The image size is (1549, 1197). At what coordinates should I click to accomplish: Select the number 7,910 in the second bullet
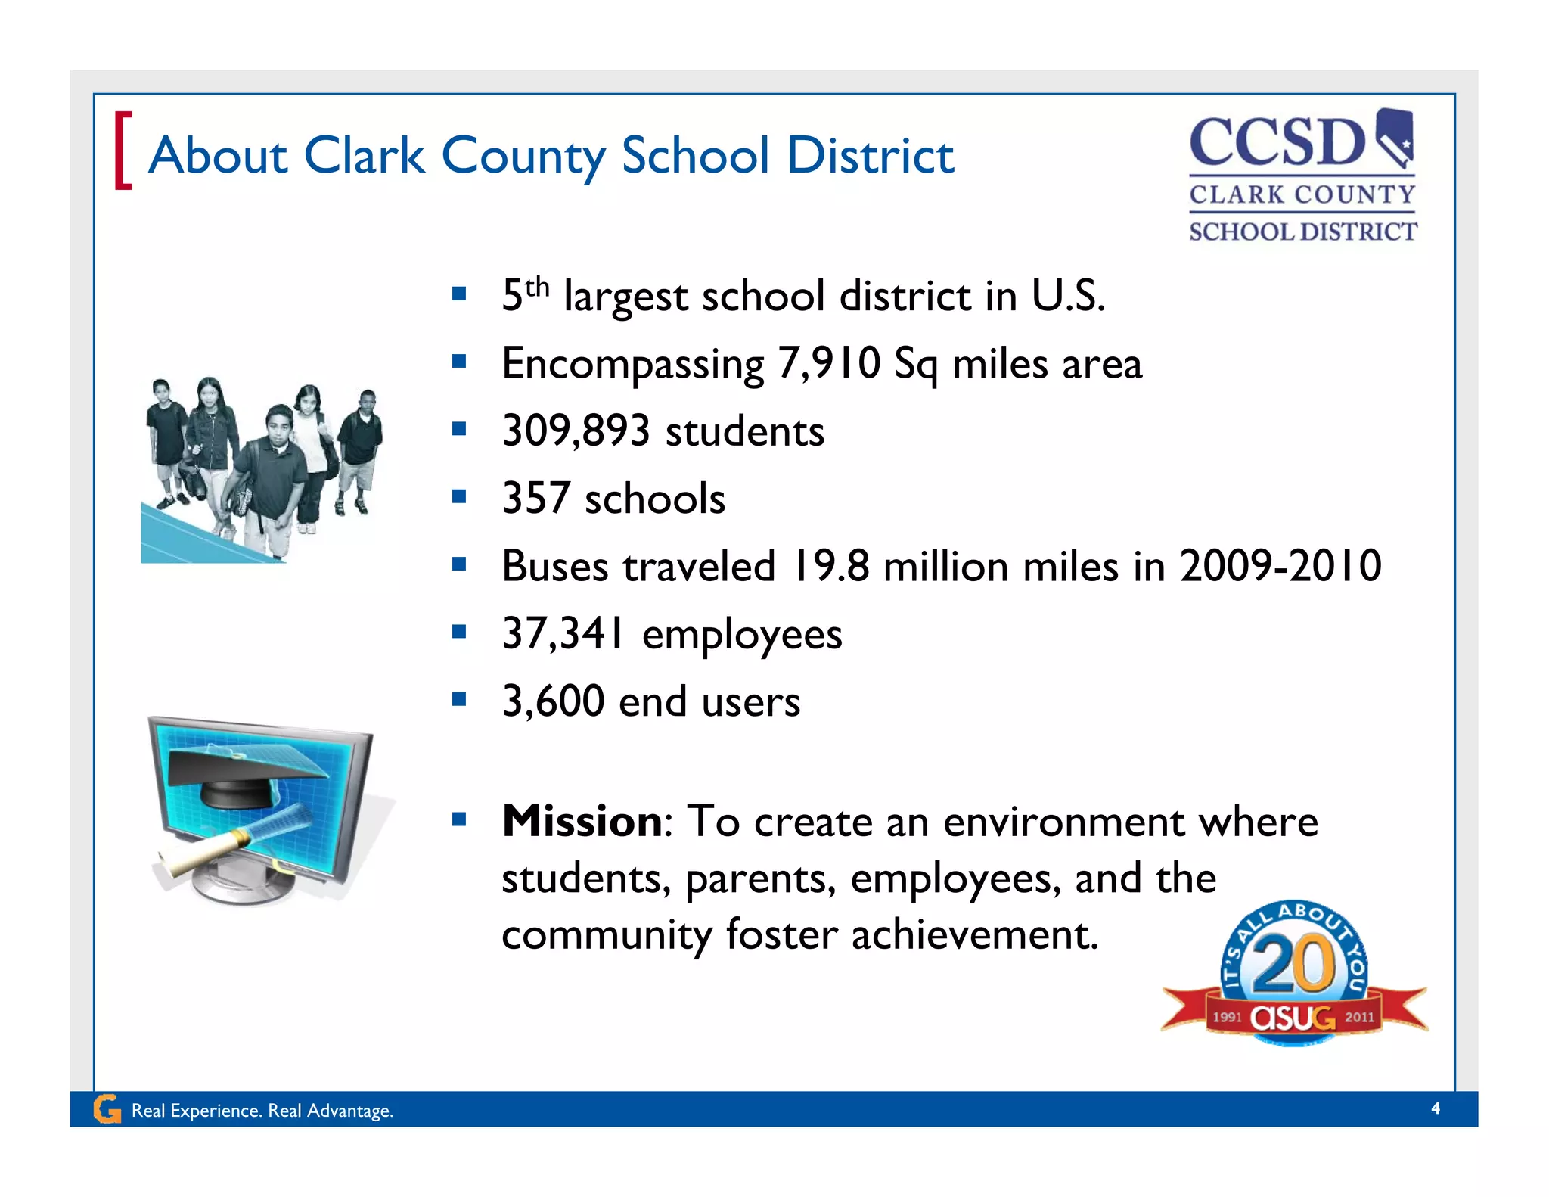829,363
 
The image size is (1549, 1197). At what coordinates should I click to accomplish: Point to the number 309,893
576,431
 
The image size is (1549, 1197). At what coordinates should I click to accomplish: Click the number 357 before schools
535,499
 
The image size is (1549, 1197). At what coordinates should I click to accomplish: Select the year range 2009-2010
1280,566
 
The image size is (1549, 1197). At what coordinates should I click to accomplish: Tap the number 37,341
563,633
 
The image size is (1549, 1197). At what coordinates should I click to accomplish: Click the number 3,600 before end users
553,701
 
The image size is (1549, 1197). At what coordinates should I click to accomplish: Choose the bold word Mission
582,821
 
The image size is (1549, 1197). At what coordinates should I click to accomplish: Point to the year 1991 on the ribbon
1227,1017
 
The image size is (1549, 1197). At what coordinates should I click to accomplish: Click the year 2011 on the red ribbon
1359,1017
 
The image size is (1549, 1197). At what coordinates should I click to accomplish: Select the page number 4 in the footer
1436,1108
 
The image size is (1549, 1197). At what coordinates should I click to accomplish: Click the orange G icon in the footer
107,1109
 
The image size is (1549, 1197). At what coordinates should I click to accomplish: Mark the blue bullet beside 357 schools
458,496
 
